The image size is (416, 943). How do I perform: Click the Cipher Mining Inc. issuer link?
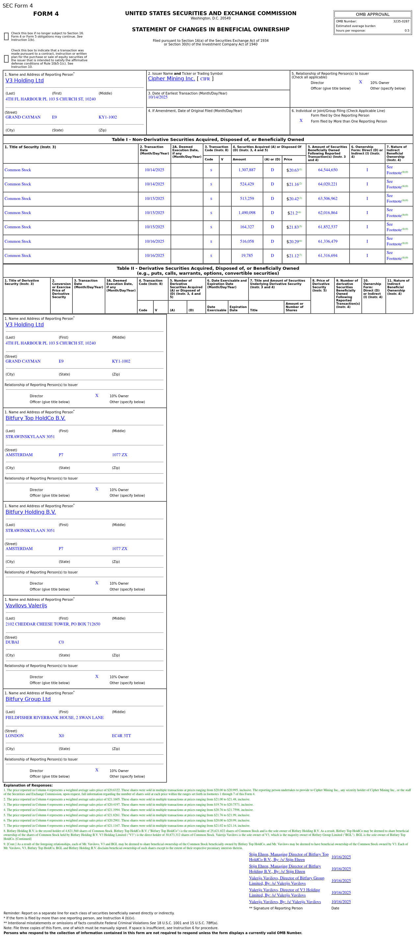(x=171, y=79)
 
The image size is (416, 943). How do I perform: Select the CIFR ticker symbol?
(x=205, y=79)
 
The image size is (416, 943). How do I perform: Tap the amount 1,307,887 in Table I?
(x=247, y=170)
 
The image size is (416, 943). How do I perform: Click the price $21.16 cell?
(x=294, y=184)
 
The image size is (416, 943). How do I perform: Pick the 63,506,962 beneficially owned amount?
(x=327, y=199)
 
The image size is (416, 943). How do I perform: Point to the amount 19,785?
(x=247, y=256)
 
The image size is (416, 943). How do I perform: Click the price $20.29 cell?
(x=294, y=242)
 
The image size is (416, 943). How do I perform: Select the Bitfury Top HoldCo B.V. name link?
(x=36, y=418)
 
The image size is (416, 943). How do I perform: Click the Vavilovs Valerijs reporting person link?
(x=26, y=606)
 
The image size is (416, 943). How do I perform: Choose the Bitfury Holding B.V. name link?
(x=31, y=512)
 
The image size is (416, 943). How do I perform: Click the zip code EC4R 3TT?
(x=121, y=736)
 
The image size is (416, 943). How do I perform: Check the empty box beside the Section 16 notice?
(x=6, y=37)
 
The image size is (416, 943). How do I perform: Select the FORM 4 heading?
(x=46, y=14)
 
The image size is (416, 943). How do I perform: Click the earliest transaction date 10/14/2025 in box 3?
(x=158, y=97)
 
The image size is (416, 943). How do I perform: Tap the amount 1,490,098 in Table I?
(x=247, y=213)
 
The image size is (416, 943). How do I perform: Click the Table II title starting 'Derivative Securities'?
(x=208, y=271)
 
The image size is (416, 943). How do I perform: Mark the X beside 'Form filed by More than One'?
(x=301, y=121)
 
